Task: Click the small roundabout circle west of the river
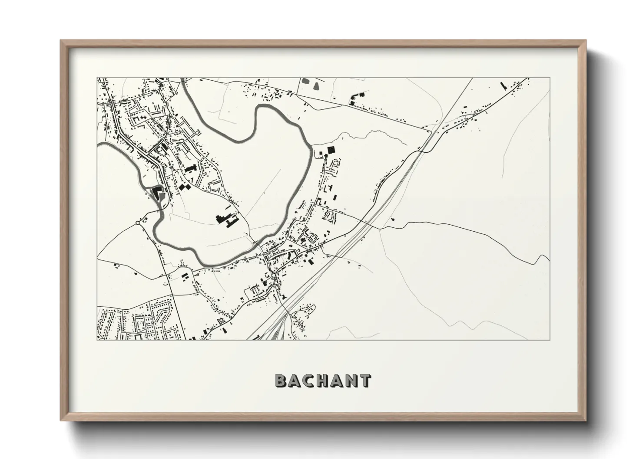click(137, 223)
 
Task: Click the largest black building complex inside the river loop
click(225, 218)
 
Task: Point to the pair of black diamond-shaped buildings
click(184, 187)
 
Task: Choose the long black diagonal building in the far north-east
click(504, 85)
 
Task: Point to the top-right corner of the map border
click(550, 78)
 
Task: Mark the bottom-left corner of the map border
click(97, 340)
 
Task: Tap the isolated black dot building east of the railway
click(394, 220)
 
